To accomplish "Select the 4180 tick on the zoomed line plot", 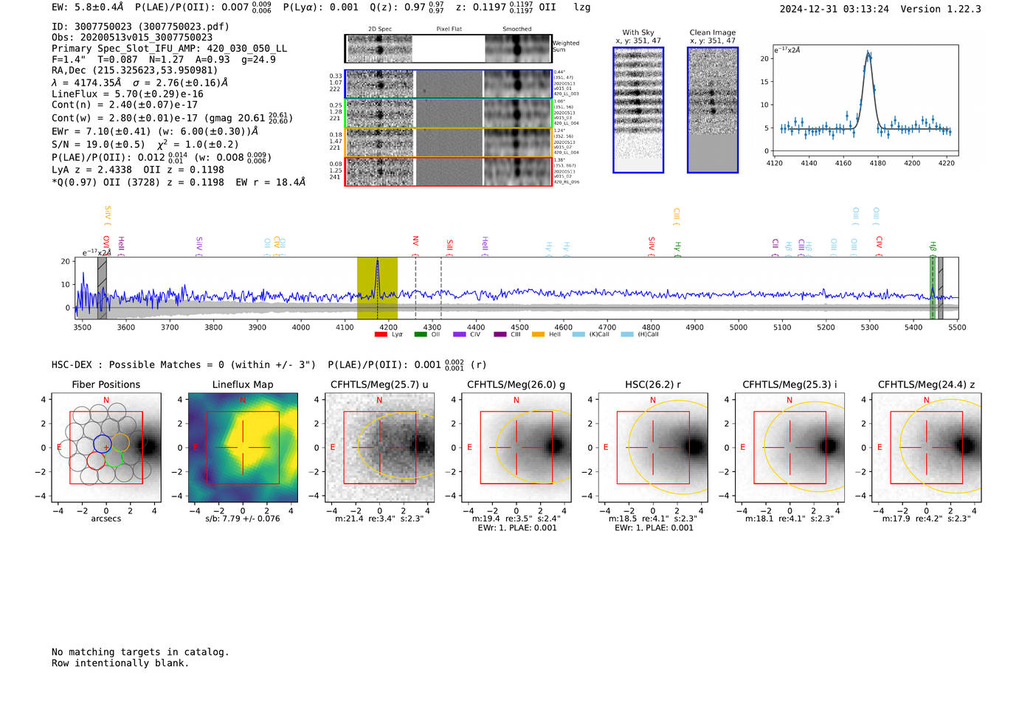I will (877, 163).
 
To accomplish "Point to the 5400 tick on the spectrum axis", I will (913, 327).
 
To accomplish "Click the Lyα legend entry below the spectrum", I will (391, 334).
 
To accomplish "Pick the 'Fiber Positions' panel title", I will (106, 384).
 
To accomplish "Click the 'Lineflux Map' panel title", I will (242, 384).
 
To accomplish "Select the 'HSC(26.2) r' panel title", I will (652, 384).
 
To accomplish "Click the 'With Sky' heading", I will (638, 32).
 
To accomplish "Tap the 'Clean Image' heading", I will (712, 32).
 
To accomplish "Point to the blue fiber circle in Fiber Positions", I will (103, 444).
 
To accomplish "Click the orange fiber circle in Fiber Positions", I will (120, 443).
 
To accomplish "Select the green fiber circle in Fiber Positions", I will (113, 458).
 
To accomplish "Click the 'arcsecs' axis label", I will (106, 519).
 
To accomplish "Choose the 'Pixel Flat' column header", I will (449, 30).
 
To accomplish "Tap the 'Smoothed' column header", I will (516, 30).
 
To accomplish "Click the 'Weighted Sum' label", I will (565, 46).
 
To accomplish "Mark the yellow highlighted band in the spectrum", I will (377, 288).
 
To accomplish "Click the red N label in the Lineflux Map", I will (243, 400).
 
